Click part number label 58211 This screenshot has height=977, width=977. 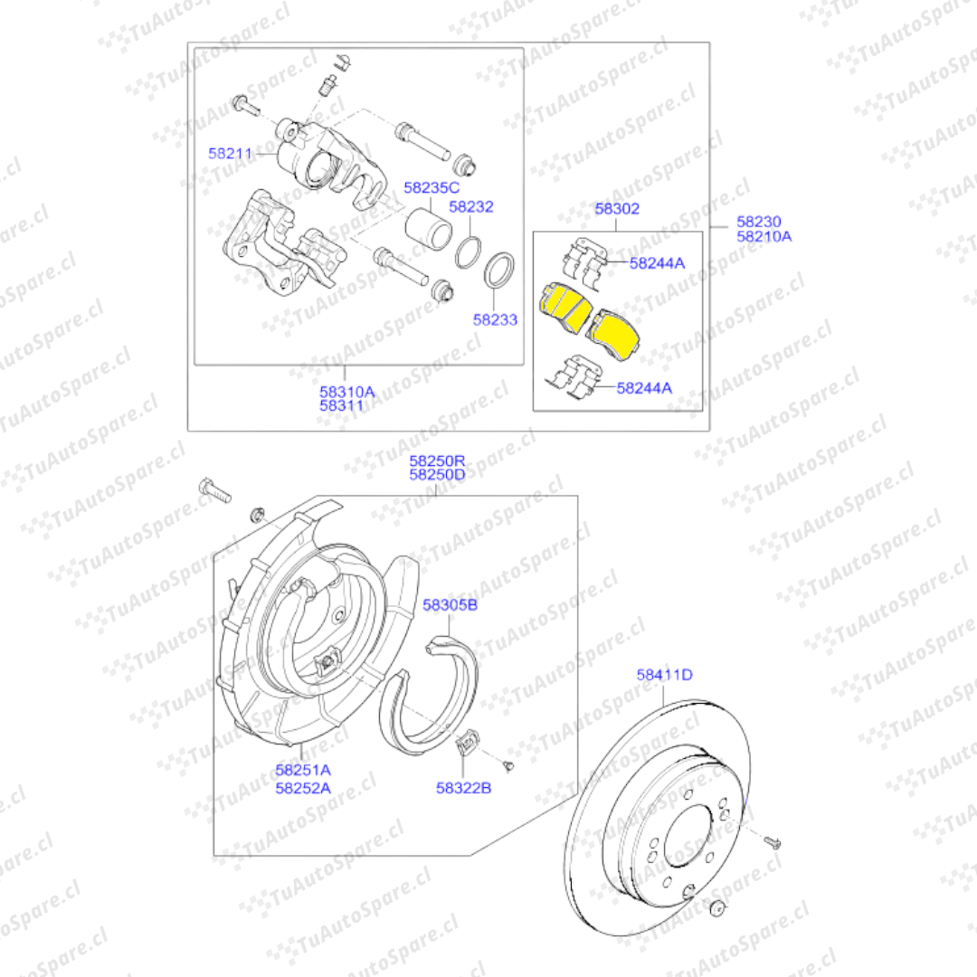pyautogui.click(x=230, y=153)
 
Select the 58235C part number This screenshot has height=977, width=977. pyautogui.click(x=432, y=187)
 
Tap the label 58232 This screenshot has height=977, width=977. pyautogui.click(x=471, y=206)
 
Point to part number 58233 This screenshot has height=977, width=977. pyautogui.click(x=495, y=319)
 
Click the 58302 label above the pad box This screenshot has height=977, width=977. pyautogui.click(x=617, y=209)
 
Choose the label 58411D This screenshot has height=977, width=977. pyautogui.click(x=664, y=675)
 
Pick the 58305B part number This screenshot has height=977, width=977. pyautogui.click(x=450, y=605)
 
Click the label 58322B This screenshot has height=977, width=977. pyautogui.click(x=463, y=788)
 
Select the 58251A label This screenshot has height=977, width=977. pyautogui.click(x=303, y=770)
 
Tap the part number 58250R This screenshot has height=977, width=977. pyautogui.click(x=437, y=461)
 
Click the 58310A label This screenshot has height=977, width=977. pyautogui.click(x=347, y=392)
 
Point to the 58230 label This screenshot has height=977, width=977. pyautogui.click(x=759, y=222)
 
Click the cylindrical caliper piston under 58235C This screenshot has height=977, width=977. pyautogui.click(x=428, y=229)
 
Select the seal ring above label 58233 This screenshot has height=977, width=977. pyautogui.click(x=499, y=270)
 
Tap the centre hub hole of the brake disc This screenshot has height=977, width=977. pyautogui.click(x=688, y=836)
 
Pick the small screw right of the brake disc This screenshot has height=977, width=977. pyautogui.click(x=773, y=842)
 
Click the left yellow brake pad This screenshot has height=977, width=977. pyautogui.click(x=565, y=305)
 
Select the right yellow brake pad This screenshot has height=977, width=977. pyautogui.click(x=613, y=334)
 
